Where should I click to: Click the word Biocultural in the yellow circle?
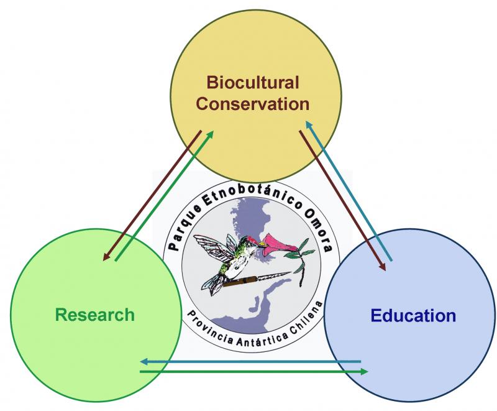click(x=253, y=83)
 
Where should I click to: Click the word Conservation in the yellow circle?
click(x=253, y=104)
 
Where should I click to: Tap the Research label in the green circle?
click(x=95, y=315)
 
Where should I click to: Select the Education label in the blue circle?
click(x=413, y=315)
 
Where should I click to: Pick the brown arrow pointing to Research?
click(x=152, y=196)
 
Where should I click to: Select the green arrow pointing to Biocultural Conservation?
click(x=164, y=196)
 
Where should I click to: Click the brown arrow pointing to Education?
click(x=343, y=201)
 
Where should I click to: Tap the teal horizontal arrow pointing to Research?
click(x=250, y=361)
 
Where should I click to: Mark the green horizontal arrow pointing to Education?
click(x=254, y=371)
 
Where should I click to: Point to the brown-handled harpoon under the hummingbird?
click(x=256, y=279)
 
